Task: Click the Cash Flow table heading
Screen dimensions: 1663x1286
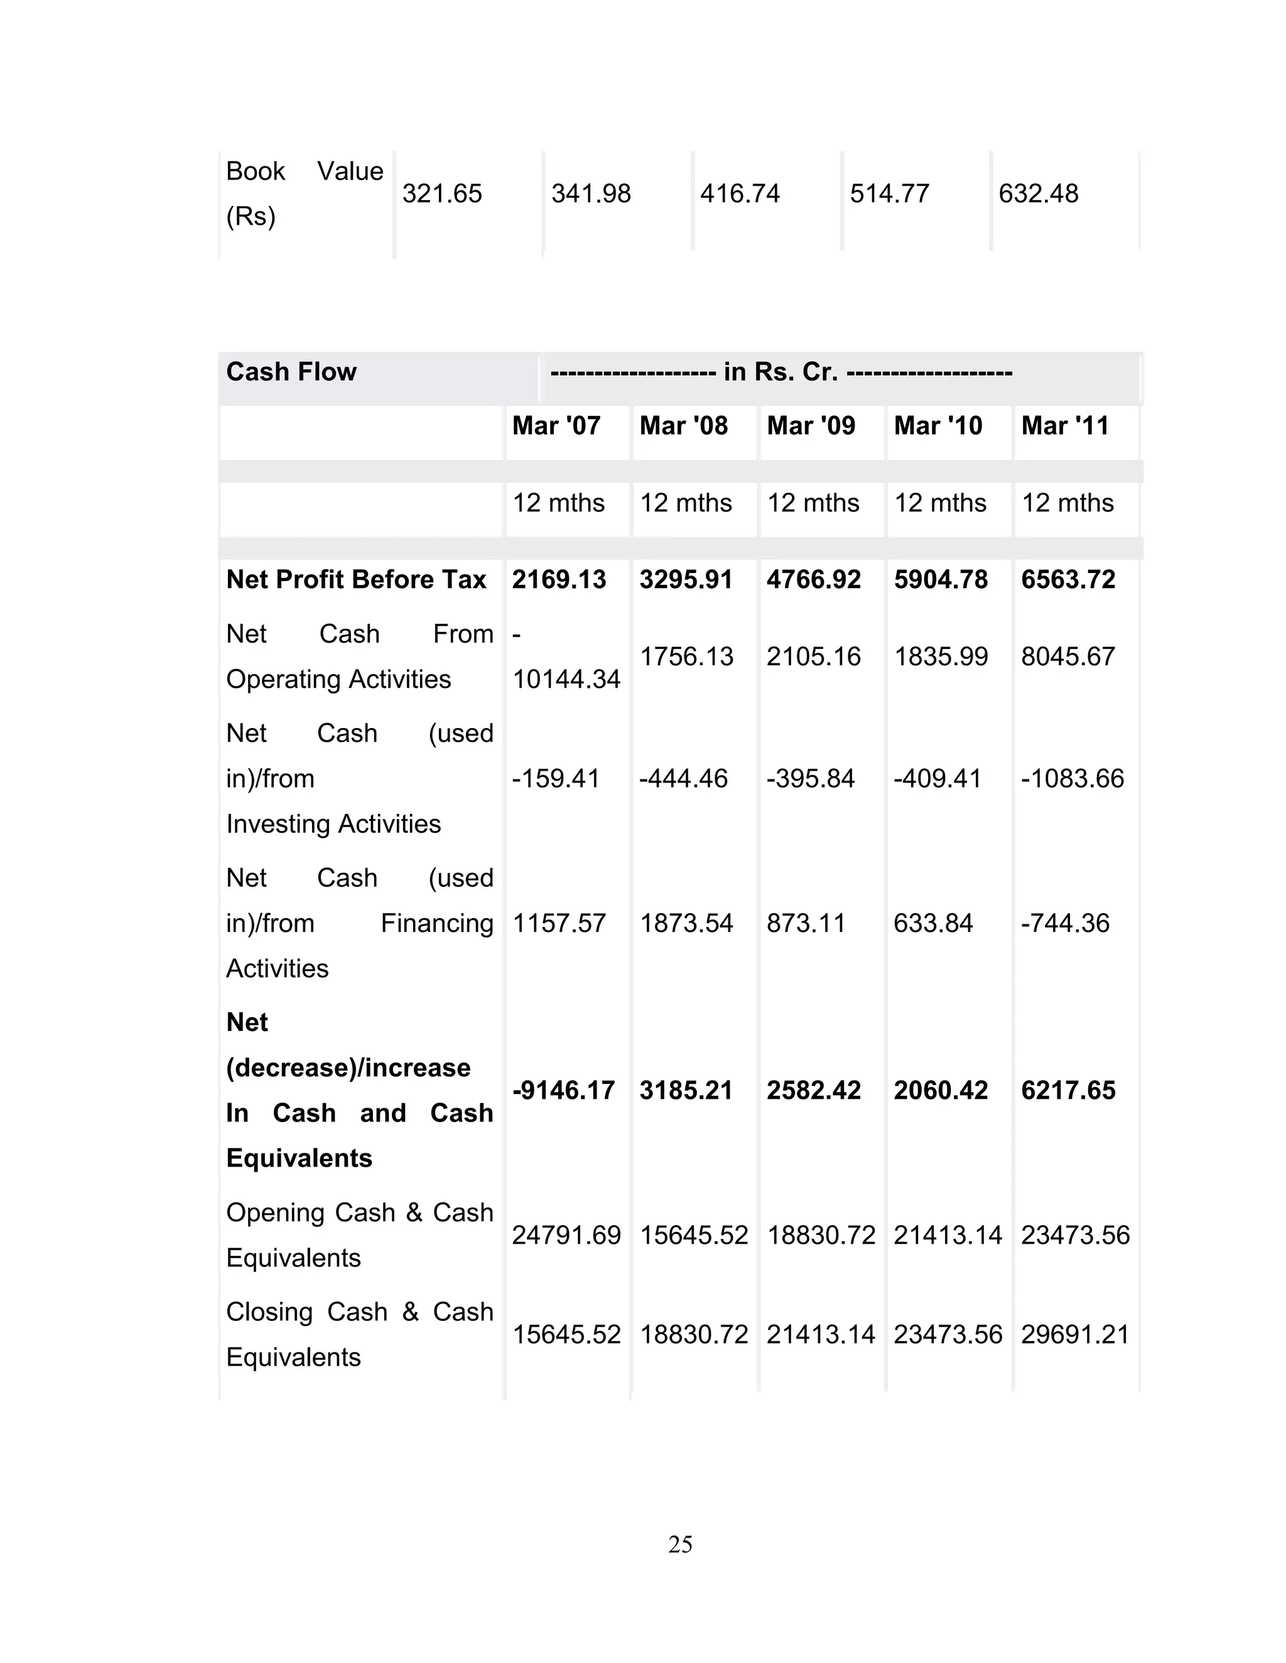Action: coord(291,372)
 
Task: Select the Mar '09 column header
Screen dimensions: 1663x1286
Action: coord(811,425)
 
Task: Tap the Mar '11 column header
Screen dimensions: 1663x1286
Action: coord(1064,425)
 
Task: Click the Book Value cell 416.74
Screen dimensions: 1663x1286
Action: coord(740,193)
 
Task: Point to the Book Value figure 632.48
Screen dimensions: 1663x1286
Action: coord(1037,193)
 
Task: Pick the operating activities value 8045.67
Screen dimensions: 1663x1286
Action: coord(1067,656)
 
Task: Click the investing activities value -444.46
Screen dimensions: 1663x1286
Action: coord(683,778)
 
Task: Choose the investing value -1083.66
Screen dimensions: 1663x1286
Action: coord(1072,778)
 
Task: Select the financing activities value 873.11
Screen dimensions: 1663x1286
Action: coord(805,923)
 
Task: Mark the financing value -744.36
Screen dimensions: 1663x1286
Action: coord(1064,923)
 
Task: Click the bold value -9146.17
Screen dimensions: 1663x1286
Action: coord(563,1091)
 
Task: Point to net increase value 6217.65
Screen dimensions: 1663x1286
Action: coord(1067,1091)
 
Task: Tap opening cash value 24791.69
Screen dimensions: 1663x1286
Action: coord(566,1235)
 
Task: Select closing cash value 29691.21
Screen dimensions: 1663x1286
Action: coord(1075,1334)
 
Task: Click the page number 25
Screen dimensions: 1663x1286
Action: coord(679,1544)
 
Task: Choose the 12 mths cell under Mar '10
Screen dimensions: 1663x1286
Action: coord(939,503)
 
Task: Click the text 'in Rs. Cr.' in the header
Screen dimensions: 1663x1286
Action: coord(780,372)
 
